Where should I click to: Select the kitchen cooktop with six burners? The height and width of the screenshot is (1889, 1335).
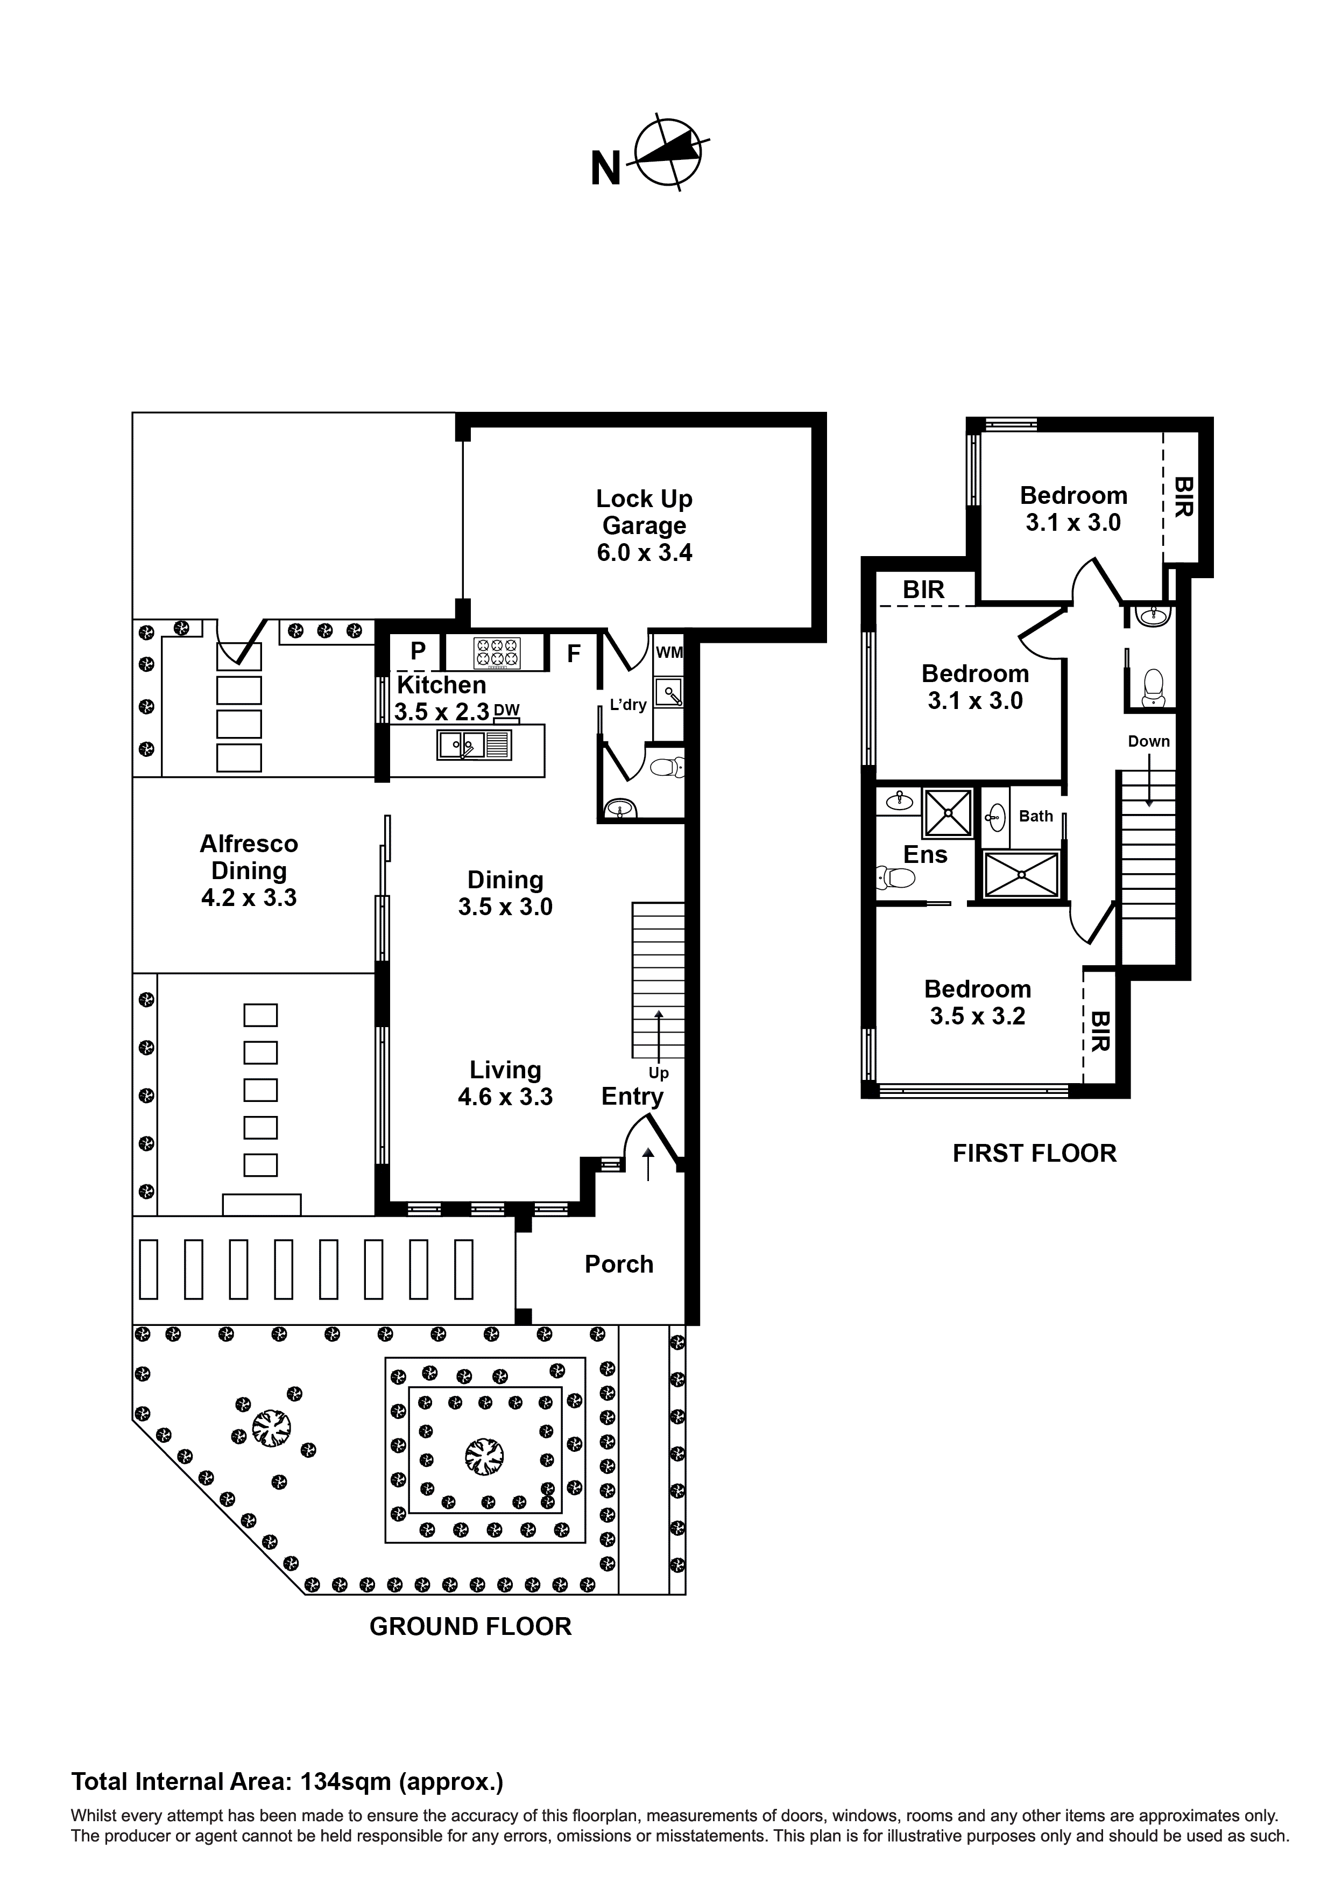tap(497, 652)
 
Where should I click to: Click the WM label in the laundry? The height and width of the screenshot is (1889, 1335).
tap(669, 652)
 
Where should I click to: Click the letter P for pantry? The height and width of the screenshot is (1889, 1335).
tap(418, 651)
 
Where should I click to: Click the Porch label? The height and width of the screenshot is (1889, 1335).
tap(619, 1263)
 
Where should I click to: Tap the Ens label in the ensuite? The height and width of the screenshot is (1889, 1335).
tap(926, 855)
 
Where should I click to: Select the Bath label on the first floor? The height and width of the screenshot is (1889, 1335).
tap(1036, 816)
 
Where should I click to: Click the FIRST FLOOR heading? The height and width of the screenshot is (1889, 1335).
tap(1034, 1154)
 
